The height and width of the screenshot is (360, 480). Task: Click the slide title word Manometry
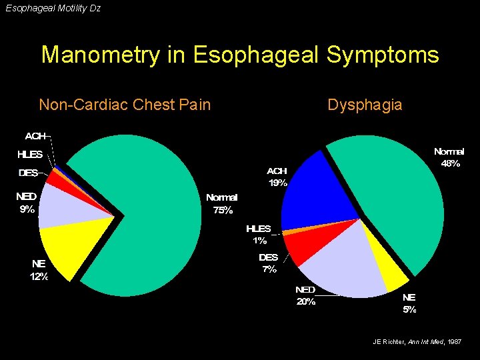point(100,55)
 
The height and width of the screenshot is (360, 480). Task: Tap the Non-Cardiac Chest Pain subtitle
point(125,105)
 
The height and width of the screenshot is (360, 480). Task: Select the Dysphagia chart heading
point(365,105)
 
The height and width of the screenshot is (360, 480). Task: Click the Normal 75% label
point(221,204)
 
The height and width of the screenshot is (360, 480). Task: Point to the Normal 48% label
point(449,157)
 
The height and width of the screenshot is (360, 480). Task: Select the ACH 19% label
point(277,177)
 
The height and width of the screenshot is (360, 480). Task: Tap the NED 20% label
point(306,295)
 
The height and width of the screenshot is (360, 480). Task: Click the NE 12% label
point(39,270)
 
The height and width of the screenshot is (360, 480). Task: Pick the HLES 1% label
point(259,234)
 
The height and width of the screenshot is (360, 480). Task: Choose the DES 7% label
point(268,263)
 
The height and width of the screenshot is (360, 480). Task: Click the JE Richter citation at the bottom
point(417,342)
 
